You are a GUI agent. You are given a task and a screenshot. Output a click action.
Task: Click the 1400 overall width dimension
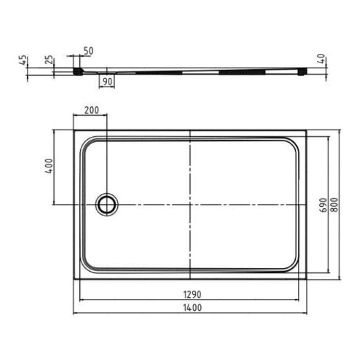[x=190, y=308]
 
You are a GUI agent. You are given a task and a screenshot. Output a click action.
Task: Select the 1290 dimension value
[x=190, y=294]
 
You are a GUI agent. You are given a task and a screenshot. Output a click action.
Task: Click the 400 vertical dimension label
[x=48, y=166]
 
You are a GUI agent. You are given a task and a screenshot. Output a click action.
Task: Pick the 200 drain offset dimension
[x=91, y=110]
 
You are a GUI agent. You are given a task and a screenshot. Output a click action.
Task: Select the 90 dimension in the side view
[x=107, y=81]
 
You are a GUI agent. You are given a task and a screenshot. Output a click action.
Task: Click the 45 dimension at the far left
[x=22, y=60]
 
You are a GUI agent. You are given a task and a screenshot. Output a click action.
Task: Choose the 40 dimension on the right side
[x=321, y=60]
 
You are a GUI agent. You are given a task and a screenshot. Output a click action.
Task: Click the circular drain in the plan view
[x=107, y=205]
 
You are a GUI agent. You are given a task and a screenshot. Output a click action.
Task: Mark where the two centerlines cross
[x=190, y=205]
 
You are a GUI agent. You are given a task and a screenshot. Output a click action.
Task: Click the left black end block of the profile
[x=78, y=71]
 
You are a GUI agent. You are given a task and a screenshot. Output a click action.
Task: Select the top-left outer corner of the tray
[x=74, y=130]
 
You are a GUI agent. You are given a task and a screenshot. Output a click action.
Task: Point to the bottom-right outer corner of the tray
[x=307, y=280]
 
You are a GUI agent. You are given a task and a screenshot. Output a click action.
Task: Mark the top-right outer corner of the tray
[x=307, y=130]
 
